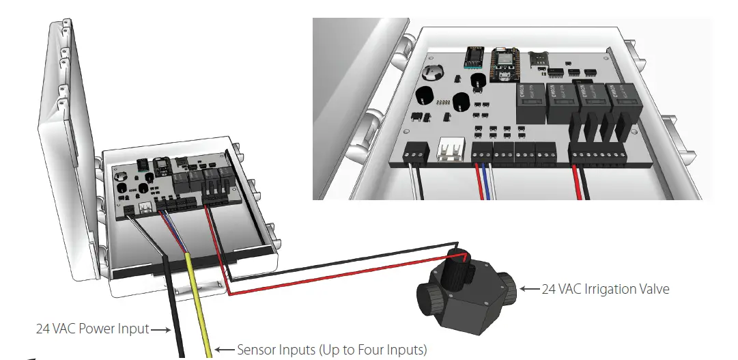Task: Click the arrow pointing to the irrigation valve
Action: (x=529, y=289)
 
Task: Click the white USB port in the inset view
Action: (x=449, y=150)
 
